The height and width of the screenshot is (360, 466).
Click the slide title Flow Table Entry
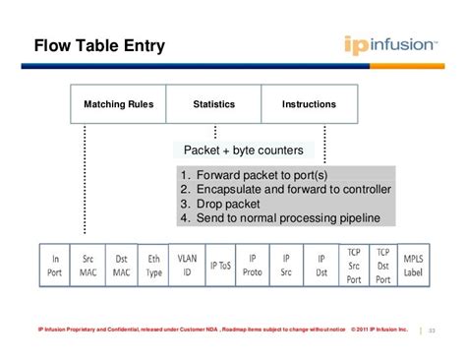[99, 46]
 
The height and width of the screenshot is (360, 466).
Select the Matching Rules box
[118, 104]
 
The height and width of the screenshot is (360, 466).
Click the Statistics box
[213, 104]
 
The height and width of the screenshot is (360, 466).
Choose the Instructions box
[309, 104]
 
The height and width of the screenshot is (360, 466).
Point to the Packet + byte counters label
[244, 151]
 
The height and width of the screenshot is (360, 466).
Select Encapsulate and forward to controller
[286, 189]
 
